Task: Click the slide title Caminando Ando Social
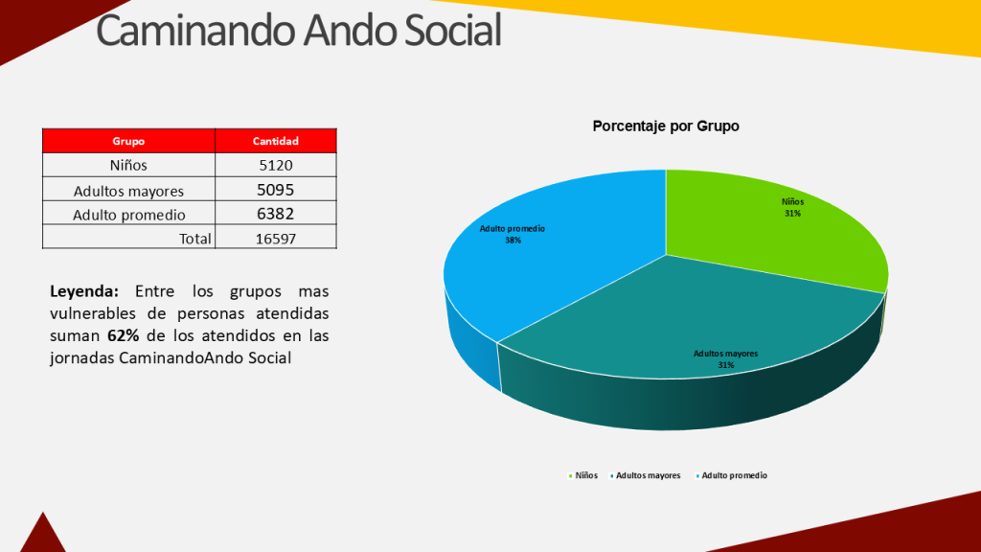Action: [299, 31]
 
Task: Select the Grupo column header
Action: [128, 141]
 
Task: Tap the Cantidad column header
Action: [275, 141]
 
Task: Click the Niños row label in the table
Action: [128, 165]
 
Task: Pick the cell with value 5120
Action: [275, 165]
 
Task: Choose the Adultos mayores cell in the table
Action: [128, 190]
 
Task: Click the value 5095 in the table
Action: [275, 190]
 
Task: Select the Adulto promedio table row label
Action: [128, 215]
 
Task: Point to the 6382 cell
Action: [275, 214]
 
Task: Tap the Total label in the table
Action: [194, 239]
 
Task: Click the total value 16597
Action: [275, 239]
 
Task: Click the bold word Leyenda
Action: [84, 290]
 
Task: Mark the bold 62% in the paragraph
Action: [123, 336]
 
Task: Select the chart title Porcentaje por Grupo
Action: [666, 126]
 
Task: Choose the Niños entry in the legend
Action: [585, 475]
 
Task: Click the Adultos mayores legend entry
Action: [648, 475]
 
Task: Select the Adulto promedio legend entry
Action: [734, 475]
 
